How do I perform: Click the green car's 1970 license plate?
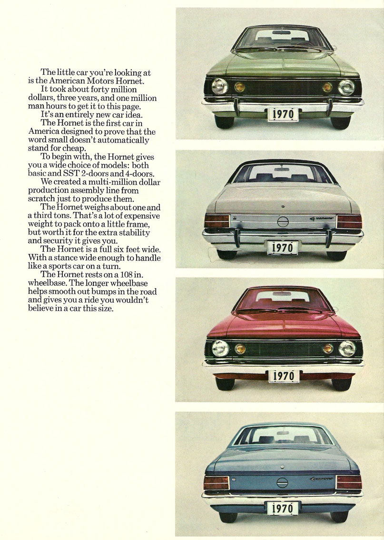tap(283, 114)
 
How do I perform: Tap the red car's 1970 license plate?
tap(284, 376)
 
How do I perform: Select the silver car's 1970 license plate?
tap(283, 247)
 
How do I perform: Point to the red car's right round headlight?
tap(347, 349)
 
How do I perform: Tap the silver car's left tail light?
tap(217, 221)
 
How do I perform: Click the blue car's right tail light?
tap(348, 482)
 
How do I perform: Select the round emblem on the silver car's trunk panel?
tap(283, 221)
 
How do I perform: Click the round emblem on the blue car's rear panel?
tap(282, 482)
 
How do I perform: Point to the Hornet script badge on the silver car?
tap(322, 219)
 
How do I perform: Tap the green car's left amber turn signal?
tap(239, 87)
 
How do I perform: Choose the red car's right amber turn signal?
tap(328, 349)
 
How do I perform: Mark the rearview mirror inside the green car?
tap(282, 32)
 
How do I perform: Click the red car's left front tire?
tap(224, 383)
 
